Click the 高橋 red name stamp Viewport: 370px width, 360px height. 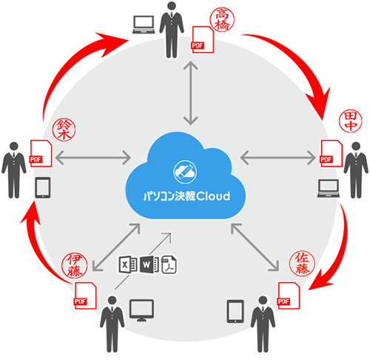click(x=222, y=19)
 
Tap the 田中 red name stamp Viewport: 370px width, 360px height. click(x=350, y=121)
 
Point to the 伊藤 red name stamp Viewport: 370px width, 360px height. click(x=74, y=265)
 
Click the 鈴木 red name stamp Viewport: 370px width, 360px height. click(x=64, y=130)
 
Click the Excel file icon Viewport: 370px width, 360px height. click(x=128, y=264)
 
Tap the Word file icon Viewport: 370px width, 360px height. click(x=149, y=264)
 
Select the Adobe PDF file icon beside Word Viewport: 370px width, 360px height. click(x=169, y=264)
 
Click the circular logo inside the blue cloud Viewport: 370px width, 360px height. click(x=185, y=171)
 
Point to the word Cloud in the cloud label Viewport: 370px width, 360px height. click(x=213, y=196)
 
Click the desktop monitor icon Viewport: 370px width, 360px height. click(x=141, y=310)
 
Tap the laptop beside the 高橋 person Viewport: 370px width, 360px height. click(x=144, y=24)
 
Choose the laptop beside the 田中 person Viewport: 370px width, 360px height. click(x=329, y=188)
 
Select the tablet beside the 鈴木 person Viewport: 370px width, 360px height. click(x=43, y=187)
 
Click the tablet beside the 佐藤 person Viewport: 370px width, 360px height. click(x=235, y=311)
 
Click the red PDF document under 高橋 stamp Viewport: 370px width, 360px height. click(x=203, y=39)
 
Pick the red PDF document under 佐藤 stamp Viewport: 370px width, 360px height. click(x=289, y=296)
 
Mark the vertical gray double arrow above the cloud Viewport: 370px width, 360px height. click(x=191, y=93)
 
